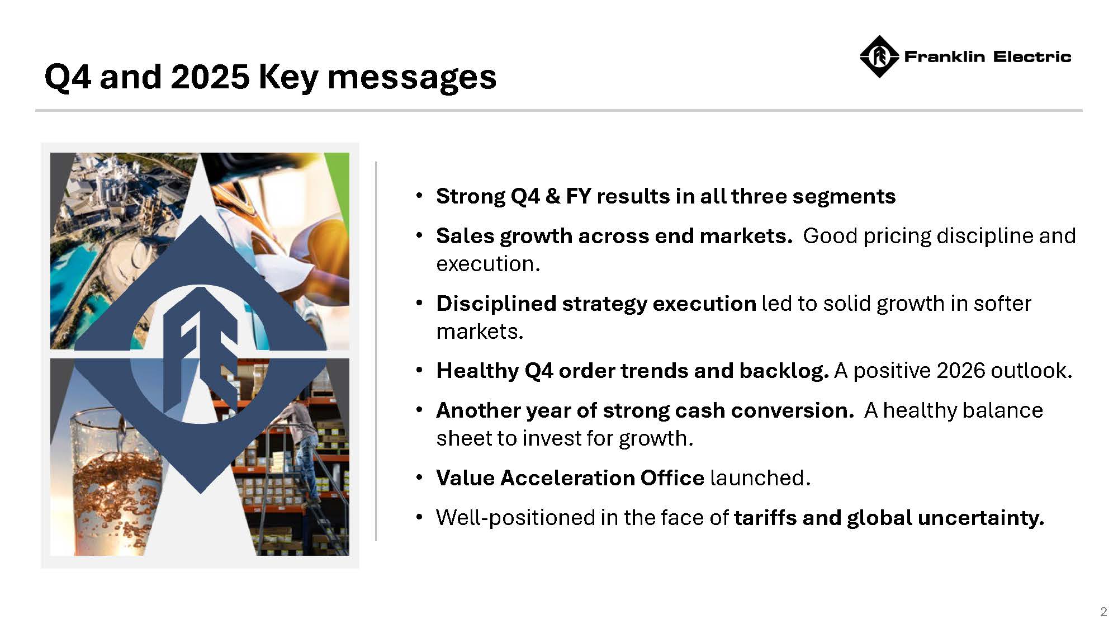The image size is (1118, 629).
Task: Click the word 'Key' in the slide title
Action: tap(288, 77)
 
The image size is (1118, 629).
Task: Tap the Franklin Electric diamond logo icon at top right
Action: tap(879, 56)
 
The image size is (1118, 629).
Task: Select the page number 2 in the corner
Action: tap(1103, 612)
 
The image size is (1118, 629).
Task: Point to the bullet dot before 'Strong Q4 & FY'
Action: tap(419, 196)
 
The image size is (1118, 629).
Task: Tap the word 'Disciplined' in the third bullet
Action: tap(496, 304)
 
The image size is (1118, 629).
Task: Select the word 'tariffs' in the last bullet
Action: tap(765, 518)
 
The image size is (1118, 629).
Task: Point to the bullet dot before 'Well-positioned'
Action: tap(419, 518)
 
